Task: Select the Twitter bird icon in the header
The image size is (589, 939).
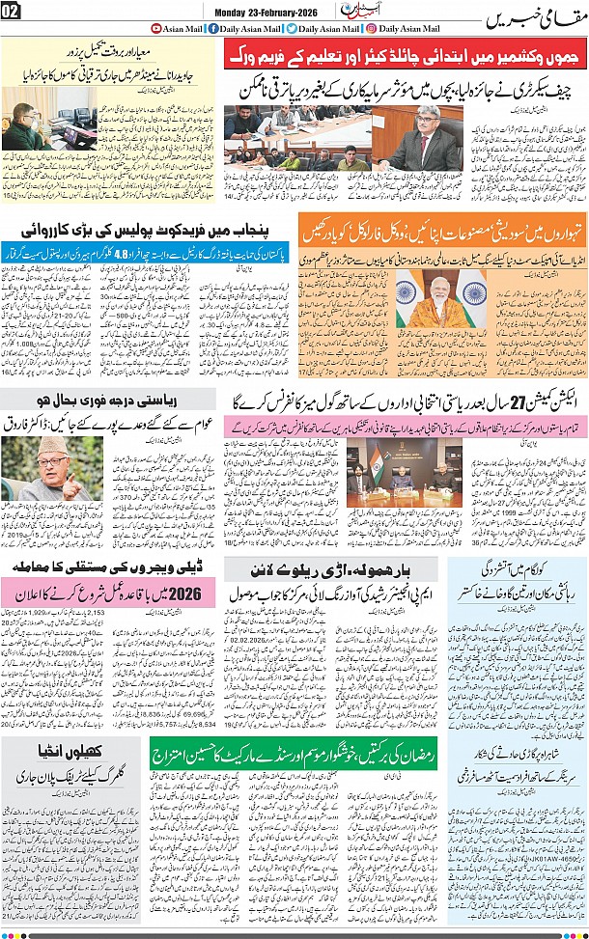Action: [292, 29]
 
